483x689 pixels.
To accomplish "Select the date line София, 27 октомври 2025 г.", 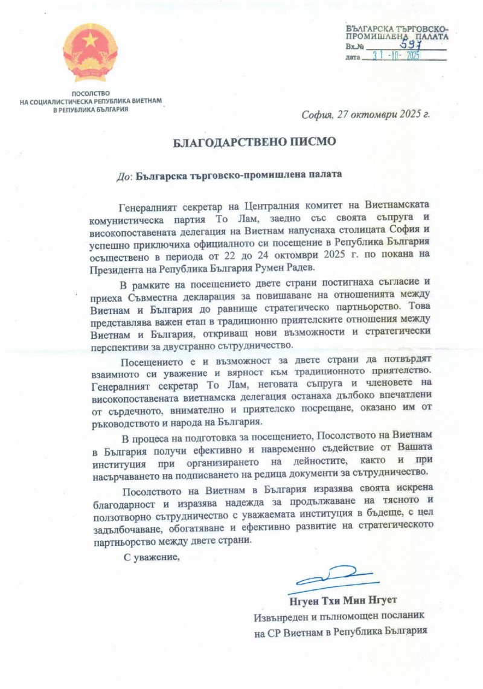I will (365, 114).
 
